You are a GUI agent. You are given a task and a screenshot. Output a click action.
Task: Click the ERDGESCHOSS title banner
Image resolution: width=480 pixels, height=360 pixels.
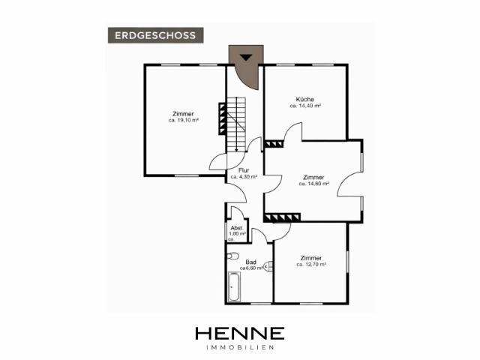[x=155, y=35]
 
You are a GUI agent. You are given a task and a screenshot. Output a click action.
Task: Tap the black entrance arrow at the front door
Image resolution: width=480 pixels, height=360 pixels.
[x=246, y=57]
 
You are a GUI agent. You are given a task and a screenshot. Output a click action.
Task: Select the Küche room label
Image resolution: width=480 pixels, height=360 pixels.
[x=305, y=99]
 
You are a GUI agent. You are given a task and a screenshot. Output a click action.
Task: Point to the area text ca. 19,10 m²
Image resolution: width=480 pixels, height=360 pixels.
[x=183, y=120]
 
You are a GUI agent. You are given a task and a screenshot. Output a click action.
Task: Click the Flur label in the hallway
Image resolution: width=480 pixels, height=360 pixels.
[x=244, y=170]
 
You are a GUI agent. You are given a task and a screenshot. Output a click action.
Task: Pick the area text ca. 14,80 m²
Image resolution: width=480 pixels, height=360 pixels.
[x=313, y=184]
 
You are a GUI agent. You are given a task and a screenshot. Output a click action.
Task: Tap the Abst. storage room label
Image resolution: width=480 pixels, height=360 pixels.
[x=237, y=228]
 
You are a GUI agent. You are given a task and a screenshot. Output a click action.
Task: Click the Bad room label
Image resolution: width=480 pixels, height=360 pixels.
[x=250, y=262]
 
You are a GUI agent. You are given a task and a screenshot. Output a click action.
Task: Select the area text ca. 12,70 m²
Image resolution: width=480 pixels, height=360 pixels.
[x=311, y=265]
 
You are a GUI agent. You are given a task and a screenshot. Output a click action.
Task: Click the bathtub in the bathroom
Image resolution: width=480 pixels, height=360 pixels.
[x=234, y=286]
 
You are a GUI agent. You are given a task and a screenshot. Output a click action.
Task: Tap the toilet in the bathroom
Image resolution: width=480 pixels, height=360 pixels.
[x=232, y=256]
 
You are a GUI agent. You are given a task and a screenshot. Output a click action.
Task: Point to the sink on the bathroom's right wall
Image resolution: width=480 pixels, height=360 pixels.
[x=268, y=267]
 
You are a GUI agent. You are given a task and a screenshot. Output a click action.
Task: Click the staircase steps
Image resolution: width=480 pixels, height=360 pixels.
[x=236, y=124]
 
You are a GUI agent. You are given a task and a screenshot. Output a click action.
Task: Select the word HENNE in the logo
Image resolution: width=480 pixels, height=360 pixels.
[x=240, y=333]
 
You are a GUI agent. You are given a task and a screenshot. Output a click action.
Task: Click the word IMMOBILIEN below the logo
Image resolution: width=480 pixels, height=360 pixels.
[x=240, y=347]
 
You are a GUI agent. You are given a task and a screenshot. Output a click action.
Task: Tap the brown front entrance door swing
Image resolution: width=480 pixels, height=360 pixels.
[x=247, y=67]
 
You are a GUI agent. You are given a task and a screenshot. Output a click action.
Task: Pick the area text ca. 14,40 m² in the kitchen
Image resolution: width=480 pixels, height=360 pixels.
[x=305, y=106]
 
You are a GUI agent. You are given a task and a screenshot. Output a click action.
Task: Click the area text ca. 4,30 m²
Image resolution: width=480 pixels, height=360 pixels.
[x=244, y=177]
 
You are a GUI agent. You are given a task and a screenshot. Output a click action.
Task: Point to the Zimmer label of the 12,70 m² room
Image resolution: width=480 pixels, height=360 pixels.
[x=311, y=258]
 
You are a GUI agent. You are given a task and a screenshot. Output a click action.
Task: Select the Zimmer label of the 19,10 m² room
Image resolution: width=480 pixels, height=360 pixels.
[x=183, y=114]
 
